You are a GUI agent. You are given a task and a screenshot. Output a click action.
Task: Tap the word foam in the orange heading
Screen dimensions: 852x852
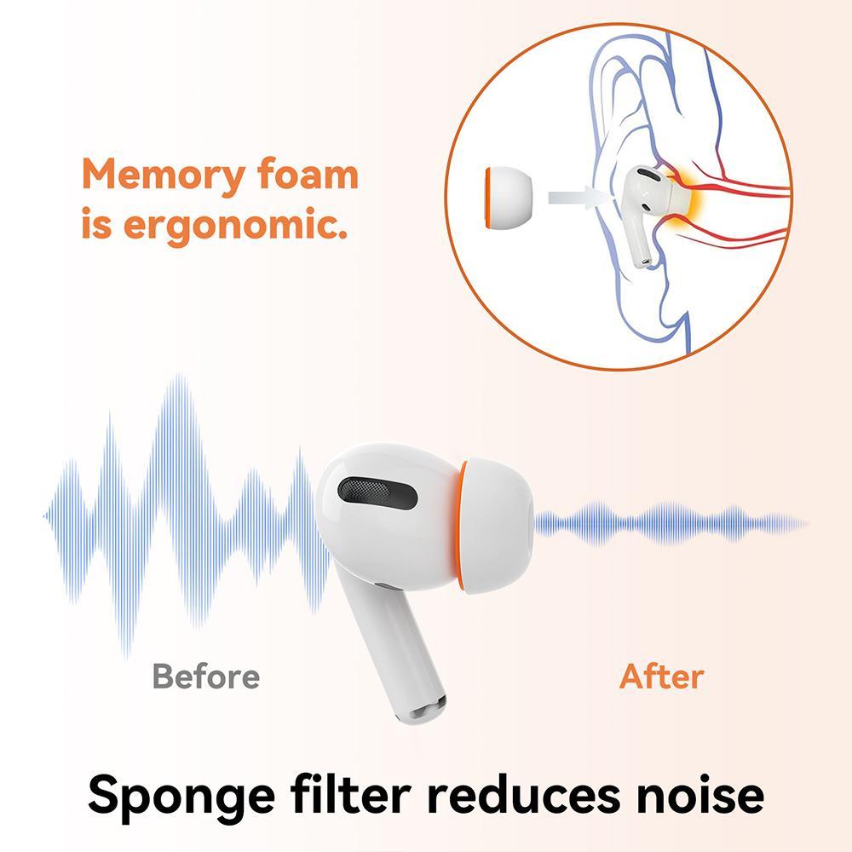pos(308,174)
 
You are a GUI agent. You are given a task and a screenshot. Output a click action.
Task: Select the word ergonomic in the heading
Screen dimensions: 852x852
pos(235,225)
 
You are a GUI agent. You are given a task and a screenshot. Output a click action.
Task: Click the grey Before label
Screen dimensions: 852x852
pos(206,676)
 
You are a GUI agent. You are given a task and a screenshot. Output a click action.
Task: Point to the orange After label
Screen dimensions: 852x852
pos(662,676)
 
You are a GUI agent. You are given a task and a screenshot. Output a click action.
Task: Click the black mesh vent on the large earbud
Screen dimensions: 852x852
pos(377,492)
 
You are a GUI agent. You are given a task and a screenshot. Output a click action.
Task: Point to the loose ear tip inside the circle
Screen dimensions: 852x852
pos(508,197)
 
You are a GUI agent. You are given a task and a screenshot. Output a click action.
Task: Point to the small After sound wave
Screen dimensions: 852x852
pos(671,524)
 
